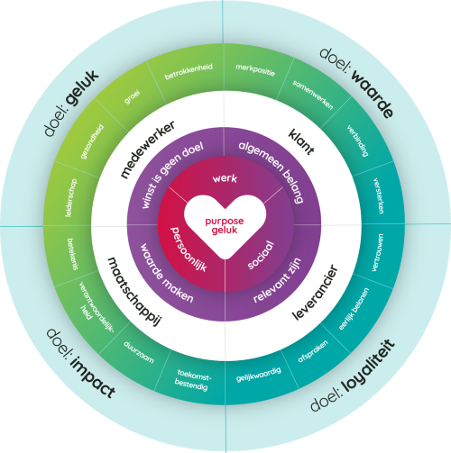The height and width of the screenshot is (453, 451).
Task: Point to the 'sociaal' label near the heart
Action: tap(262, 255)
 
